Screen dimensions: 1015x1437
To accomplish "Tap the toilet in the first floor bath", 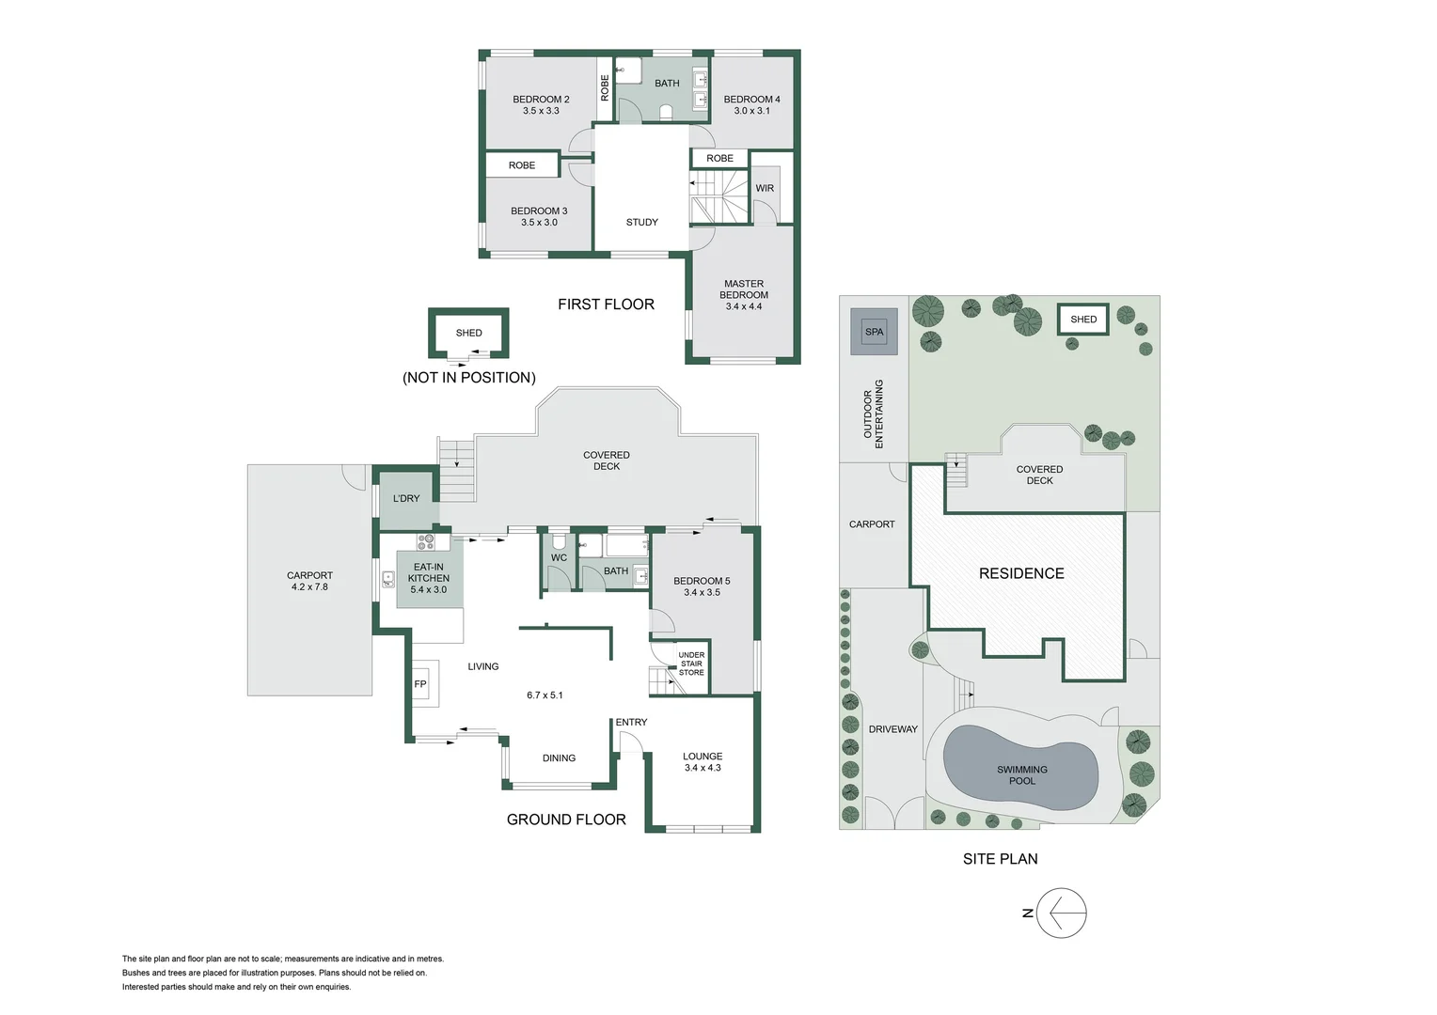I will (667, 113).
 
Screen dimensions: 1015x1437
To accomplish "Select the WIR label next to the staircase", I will (765, 188).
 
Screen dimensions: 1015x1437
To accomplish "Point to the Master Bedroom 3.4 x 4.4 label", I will (744, 295).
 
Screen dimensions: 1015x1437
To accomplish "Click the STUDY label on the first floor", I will (642, 223).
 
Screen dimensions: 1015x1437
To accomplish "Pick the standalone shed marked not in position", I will (468, 334).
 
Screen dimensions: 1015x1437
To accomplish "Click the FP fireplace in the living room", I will (420, 684).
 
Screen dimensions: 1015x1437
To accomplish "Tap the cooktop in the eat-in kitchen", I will (426, 542).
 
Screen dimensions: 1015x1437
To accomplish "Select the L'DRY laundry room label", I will (406, 498).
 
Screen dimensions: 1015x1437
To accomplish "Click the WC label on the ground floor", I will (559, 557).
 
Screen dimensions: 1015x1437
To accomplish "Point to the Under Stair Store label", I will (691, 664).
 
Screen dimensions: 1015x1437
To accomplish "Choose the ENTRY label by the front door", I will (631, 722).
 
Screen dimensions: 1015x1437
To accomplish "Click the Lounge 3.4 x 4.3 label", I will (703, 762).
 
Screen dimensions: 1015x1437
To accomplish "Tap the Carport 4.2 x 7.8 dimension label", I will (309, 581).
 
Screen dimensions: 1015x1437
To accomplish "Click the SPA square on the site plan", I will (875, 332).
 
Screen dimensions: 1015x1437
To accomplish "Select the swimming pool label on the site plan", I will (1022, 775).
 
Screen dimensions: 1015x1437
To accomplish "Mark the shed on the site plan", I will (1083, 320).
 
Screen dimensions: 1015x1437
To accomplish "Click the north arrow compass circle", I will (1062, 913).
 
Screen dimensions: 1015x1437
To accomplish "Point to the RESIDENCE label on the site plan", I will (1021, 573).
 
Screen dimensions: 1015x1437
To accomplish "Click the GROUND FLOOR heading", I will (566, 820).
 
